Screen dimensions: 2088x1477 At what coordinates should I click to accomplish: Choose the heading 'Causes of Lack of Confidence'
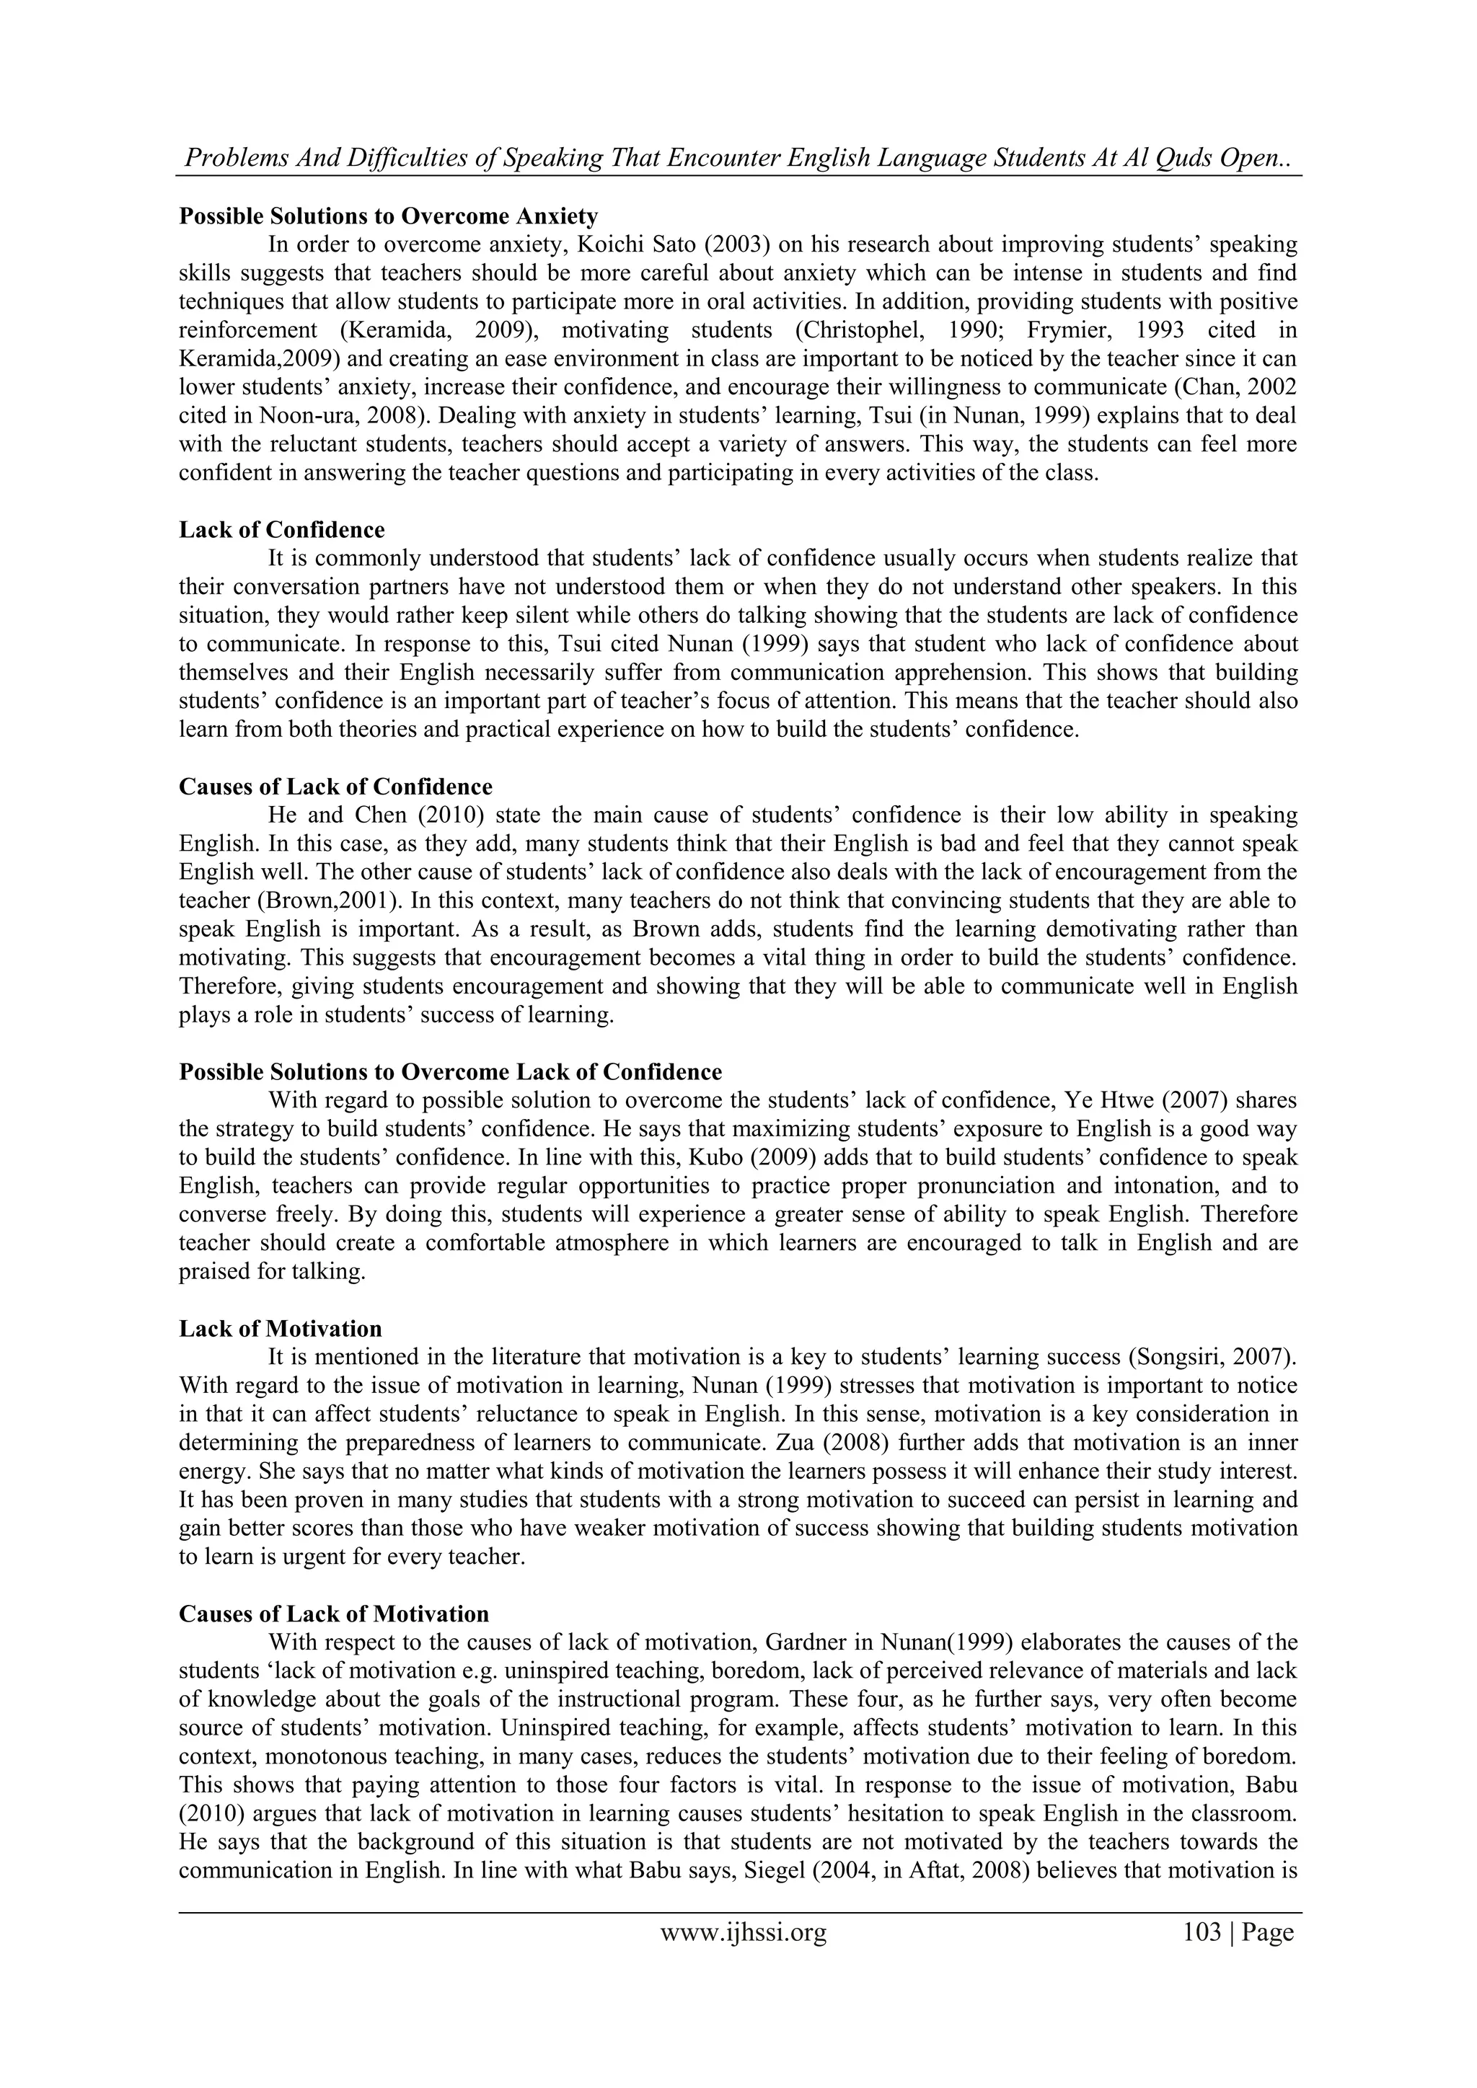click(x=335, y=787)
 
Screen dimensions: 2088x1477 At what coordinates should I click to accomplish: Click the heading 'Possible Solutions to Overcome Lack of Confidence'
click(x=450, y=1072)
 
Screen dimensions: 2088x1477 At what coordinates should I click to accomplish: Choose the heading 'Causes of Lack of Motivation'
click(x=334, y=1614)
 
